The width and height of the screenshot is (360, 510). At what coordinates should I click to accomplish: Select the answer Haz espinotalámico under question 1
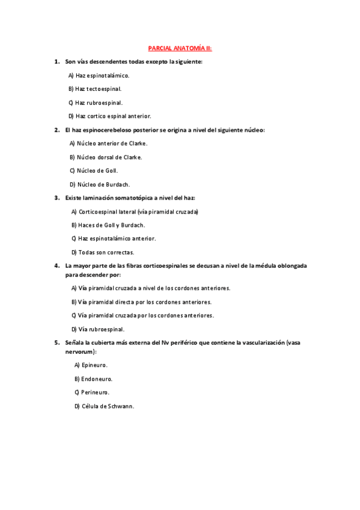[x=99, y=75]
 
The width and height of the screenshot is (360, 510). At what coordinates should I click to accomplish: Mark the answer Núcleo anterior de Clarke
[x=108, y=143]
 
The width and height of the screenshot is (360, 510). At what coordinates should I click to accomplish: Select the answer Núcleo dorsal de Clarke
[x=106, y=157]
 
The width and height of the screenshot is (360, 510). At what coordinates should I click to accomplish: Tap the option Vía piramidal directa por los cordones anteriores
[x=141, y=302]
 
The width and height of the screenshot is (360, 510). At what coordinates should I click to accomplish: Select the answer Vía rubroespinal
[x=97, y=329]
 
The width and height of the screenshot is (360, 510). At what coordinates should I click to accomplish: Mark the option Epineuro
[x=91, y=365]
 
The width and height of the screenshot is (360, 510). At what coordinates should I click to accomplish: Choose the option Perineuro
[x=92, y=392]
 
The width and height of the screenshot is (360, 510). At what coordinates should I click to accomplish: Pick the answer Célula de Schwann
[x=104, y=406]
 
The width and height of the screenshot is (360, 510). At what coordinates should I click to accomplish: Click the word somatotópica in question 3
[x=129, y=198]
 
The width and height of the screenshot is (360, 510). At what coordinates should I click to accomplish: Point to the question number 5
[x=56, y=342]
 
